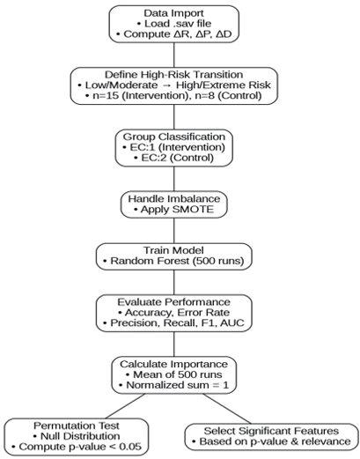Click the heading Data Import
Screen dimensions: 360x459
(x=173, y=13)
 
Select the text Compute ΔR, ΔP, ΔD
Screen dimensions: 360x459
(x=178, y=34)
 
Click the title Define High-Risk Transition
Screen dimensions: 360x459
(x=173, y=75)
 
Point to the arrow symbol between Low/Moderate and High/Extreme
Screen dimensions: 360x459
(x=166, y=85)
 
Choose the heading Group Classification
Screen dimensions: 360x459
(x=174, y=137)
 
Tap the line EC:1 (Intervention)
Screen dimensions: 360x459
(x=178, y=147)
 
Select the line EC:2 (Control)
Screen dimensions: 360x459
(x=178, y=158)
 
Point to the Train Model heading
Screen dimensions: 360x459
(x=173, y=250)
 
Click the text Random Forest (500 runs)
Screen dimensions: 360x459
(x=177, y=261)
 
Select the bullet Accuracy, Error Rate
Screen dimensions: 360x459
(x=177, y=313)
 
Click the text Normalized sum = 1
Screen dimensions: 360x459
(x=178, y=385)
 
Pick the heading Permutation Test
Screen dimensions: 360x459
(x=77, y=426)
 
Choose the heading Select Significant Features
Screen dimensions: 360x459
(x=271, y=431)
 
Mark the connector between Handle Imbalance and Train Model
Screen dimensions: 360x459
(x=174, y=231)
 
